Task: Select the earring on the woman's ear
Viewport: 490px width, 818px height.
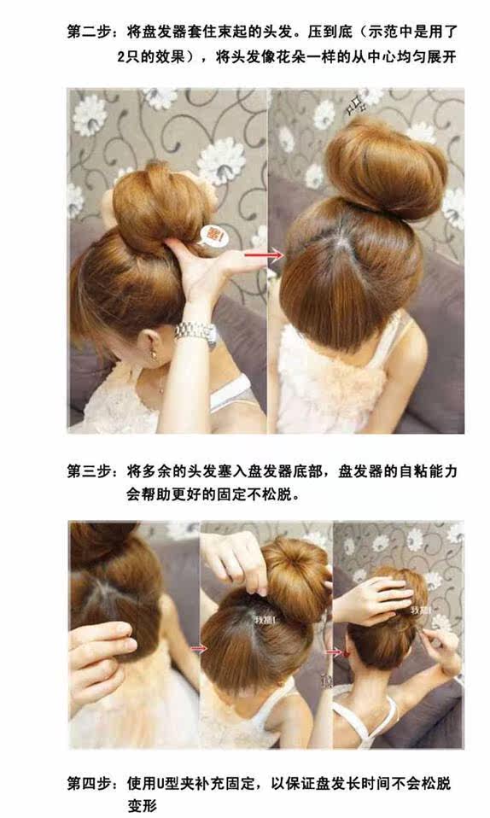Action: (156, 348)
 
